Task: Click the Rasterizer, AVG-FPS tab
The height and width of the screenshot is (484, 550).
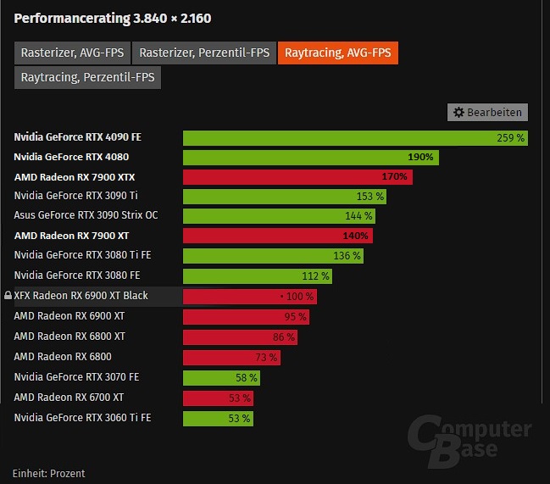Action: (71, 53)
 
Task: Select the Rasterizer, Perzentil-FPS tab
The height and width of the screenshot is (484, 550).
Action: (204, 53)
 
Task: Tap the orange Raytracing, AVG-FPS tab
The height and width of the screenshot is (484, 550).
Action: (337, 53)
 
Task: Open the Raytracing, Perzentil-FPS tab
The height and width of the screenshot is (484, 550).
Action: (88, 77)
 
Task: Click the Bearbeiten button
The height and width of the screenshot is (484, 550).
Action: (487, 112)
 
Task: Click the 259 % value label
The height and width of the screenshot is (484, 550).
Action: (510, 137)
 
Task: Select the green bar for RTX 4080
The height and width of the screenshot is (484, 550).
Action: (310, 157)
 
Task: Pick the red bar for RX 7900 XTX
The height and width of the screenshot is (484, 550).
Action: (297, 177)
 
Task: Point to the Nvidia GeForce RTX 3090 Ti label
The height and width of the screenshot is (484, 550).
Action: (76, 196)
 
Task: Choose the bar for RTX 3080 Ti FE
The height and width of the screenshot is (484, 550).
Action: (273, 255)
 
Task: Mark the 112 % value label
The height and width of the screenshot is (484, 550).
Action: (315, 275)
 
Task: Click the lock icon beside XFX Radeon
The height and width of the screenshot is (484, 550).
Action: (8, 296)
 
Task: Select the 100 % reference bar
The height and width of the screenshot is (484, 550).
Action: (250, 296)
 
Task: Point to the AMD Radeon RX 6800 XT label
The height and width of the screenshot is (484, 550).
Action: (69, 337)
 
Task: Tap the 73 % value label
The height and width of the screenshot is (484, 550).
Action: (266, 357)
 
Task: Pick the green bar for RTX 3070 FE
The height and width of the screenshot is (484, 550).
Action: (221, 377)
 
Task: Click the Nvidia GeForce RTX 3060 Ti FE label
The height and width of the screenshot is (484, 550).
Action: (82, 417)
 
